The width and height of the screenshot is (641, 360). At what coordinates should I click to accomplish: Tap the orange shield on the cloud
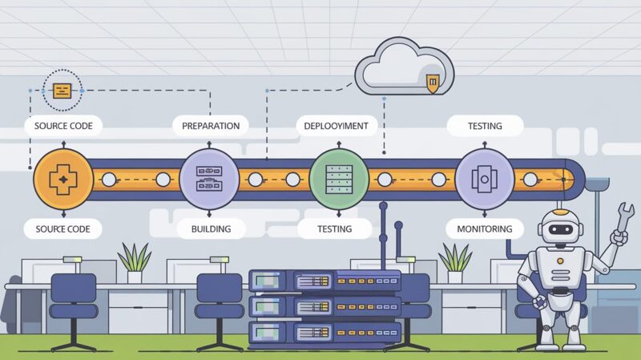(433, 83)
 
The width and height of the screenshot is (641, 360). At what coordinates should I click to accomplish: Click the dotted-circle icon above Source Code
(62, 90)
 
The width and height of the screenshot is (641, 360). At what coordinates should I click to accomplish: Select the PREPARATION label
(211, 126)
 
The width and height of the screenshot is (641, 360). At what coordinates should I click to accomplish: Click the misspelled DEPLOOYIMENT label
(336, 126)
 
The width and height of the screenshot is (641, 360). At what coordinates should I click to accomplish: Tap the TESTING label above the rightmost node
(485, 126)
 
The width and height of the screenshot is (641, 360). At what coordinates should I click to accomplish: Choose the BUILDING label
(211, 229)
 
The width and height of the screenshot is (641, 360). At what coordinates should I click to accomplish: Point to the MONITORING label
(484, 229)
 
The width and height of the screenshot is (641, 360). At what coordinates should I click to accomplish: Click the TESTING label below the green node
(335, 229)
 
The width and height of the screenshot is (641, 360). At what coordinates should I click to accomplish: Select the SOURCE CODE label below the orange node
(62, 229)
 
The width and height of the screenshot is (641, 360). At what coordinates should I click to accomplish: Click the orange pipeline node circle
(62, 178)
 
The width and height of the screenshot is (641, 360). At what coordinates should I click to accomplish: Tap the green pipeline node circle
(338, 178)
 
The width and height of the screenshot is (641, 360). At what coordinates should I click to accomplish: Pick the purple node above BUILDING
(208, 178)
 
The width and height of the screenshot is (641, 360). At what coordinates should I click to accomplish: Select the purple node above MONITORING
(485, 178)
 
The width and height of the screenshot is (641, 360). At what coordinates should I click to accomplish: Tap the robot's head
(561, 228)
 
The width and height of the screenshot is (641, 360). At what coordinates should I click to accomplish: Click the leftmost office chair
(73, 301)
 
